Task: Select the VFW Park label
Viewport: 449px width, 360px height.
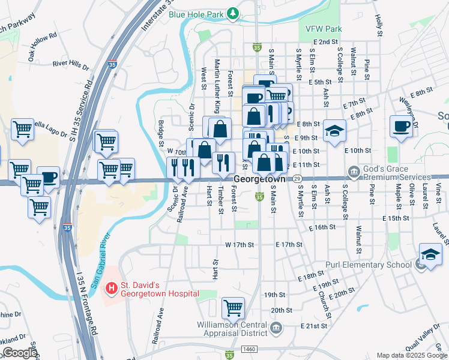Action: point(324,29)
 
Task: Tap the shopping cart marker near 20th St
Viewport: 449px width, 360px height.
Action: point(233,308)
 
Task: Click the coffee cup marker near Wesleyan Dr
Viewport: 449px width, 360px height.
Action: point(400,127)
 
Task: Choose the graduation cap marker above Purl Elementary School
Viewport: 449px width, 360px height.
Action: point(430,254)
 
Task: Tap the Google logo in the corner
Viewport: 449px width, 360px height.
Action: point(19,353)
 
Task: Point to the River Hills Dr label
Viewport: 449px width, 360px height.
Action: point(71,63)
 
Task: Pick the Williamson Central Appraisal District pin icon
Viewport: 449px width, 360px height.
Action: point(276,327)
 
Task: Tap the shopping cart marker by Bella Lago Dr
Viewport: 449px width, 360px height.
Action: point(22,128)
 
